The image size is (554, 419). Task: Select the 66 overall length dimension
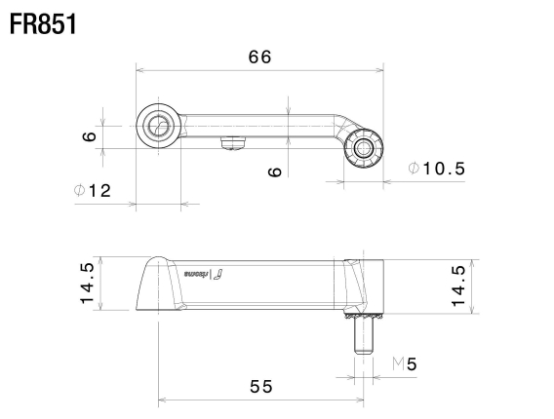[258, 57]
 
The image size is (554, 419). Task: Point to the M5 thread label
[404, 364]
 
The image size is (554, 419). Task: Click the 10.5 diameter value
[445, 169]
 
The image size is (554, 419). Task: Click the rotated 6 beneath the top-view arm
[275, 171]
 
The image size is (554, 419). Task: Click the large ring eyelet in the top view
[158, 126]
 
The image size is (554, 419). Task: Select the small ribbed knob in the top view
[365, 148]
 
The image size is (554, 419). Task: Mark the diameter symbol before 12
[78, 191]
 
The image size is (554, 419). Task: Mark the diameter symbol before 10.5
[414, 169]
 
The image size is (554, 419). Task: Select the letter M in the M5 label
[397, 364]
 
